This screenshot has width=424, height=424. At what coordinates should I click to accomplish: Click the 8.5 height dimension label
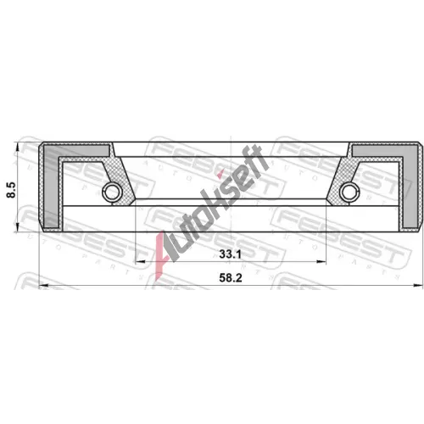click(12, 190)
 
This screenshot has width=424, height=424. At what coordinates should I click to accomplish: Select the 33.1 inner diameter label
click(231, 254)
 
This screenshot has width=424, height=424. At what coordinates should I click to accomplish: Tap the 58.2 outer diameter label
click(231, 278)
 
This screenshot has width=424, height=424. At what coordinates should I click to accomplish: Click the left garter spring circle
click(112, 192)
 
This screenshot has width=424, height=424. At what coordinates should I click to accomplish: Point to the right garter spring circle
click(349, 192)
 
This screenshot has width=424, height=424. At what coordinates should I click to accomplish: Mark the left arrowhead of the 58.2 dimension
click(43, 285)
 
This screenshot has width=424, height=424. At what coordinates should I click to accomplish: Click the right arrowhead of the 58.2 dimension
click(418, 285)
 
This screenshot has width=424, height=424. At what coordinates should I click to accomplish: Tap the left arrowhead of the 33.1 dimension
click(141, 262)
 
